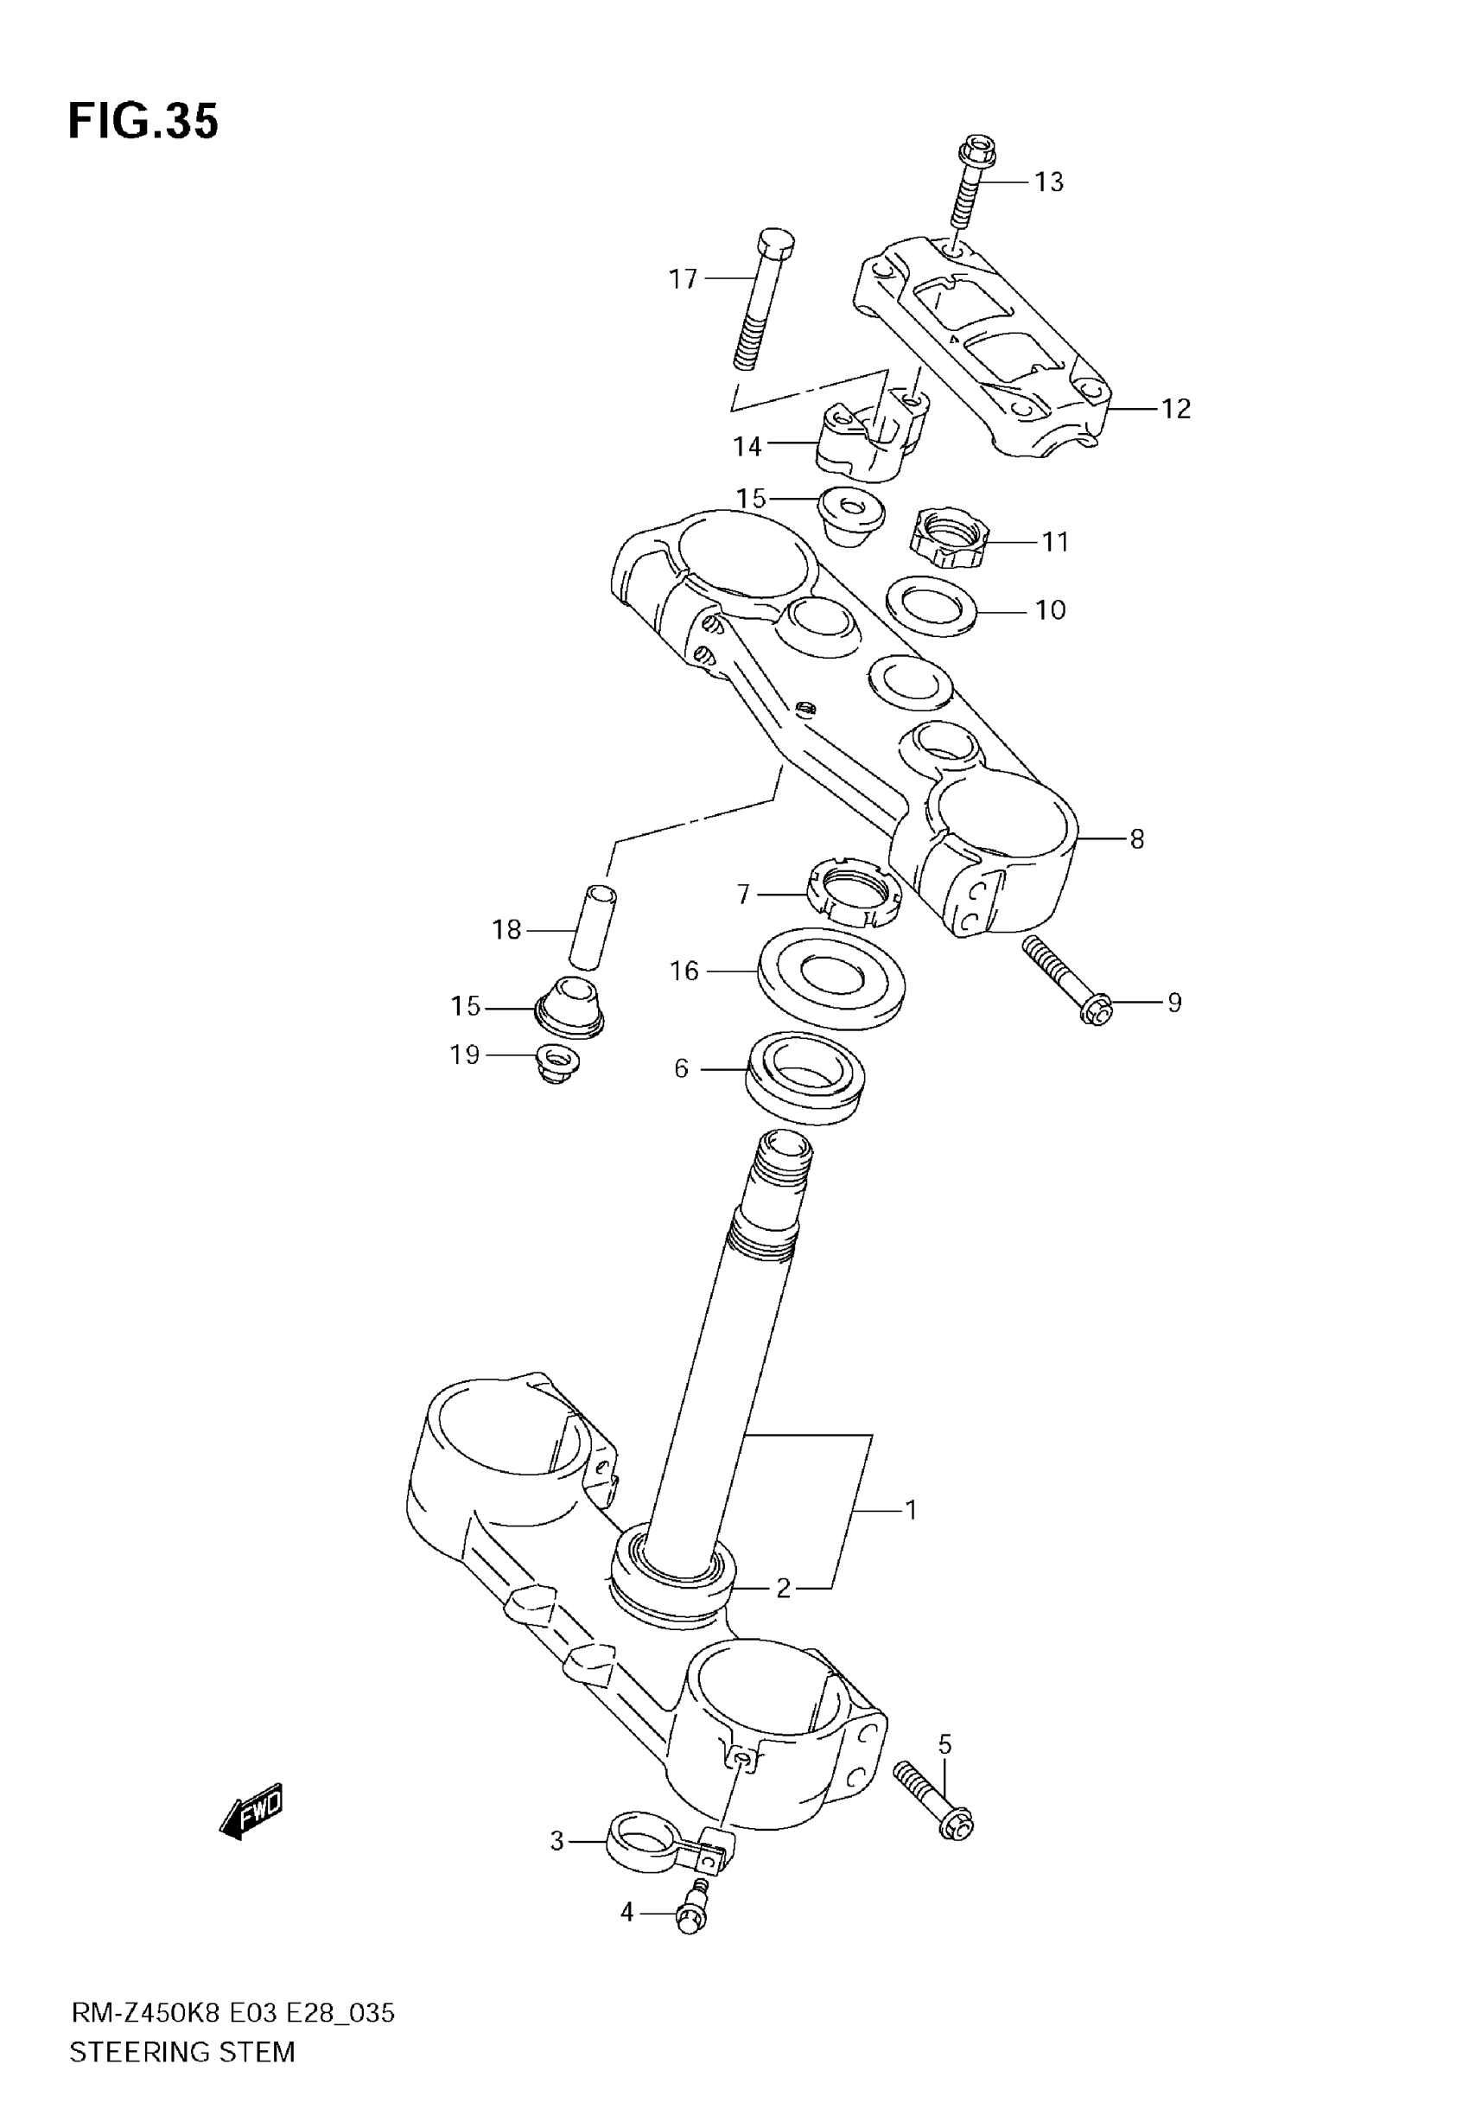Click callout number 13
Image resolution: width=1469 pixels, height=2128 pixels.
pos(1048,182)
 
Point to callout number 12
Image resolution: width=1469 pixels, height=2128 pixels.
pos(1175,409)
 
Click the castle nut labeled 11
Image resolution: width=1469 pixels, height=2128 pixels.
pos(949,538)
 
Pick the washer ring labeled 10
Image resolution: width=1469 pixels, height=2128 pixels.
pos(932,606)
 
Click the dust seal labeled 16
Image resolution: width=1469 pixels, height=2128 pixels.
pos(831,978)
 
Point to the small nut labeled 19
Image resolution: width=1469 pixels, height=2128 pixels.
pos(556,1064)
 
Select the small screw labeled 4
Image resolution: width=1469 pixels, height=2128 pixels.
pos(693,1910)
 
